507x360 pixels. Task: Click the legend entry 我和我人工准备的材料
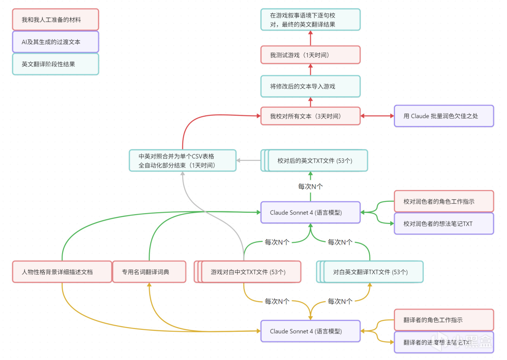coord(55,20)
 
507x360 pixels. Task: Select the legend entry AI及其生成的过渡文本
coord(55,42)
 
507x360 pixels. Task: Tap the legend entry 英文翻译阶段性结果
coord(55,64)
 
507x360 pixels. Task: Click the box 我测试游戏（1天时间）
coord(310,55)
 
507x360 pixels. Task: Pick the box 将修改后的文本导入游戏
coord(310,86)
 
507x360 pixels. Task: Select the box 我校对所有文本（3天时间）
coord(310,116)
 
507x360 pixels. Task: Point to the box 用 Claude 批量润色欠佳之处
coord(444,116)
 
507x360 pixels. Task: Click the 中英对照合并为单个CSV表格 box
coord(183,161)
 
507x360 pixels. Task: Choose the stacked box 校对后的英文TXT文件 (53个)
coord(314,161)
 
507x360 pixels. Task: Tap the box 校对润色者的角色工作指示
coord(444,201)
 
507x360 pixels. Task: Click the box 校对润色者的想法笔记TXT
coord(444,224)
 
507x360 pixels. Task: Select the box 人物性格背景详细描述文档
coord(62,272)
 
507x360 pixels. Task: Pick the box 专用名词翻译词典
coord(149,272)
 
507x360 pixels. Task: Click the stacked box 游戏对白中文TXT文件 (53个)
coord(248,272)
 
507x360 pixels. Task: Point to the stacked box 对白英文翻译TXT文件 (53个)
coord(370,272)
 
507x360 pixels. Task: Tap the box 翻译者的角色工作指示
coord(444,320)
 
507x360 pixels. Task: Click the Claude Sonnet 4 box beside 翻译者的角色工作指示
coord(310,331)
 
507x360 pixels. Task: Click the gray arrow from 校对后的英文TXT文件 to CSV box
coord(248,161)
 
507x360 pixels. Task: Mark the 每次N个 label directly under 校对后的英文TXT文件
coord(310,186)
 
